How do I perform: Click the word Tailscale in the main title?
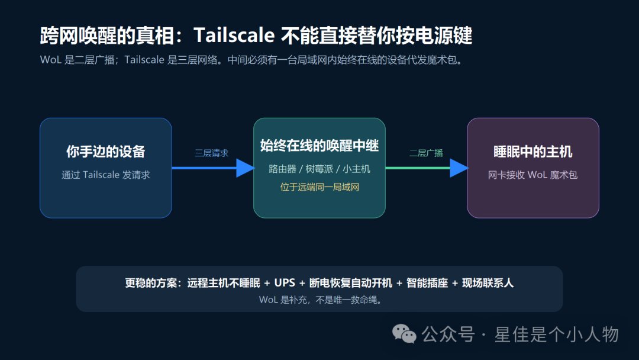click(x=234, y=35)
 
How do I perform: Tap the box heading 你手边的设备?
click(x=106, y=152)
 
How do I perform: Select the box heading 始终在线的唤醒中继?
click(x=319, y=146)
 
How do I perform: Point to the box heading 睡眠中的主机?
click(x=533, y=152)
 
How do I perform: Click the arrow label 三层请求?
click(x=211, y=153)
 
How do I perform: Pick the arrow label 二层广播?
click(x=426, y=153)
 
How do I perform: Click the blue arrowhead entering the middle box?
click(x=245, y=168)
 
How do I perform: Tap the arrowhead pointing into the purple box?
click(x=459, y=168)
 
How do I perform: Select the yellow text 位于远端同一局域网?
click(x=319, y=187)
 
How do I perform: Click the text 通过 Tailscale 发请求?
click(x=106, y=175)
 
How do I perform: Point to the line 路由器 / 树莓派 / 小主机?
click(x=319, y=169)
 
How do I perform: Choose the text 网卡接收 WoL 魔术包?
click(x=532, y=175)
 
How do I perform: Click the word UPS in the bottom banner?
click(x=285, y=282)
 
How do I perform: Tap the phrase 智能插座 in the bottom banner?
click(x=427, y=282)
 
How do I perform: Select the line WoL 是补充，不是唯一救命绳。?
click(x=321, y=300)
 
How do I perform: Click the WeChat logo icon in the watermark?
click(x=404, y=334)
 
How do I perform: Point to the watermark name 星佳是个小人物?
click(x=557, y=335)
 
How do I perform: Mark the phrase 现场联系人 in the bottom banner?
click(x=488, y=282)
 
